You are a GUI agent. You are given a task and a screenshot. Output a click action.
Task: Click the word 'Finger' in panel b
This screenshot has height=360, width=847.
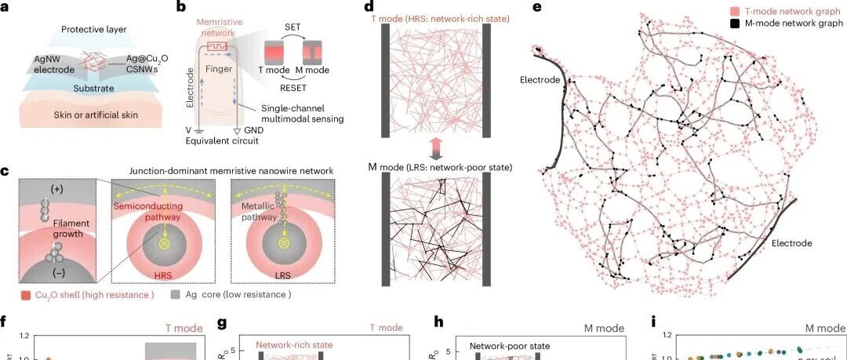click(x=227, y=69)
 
